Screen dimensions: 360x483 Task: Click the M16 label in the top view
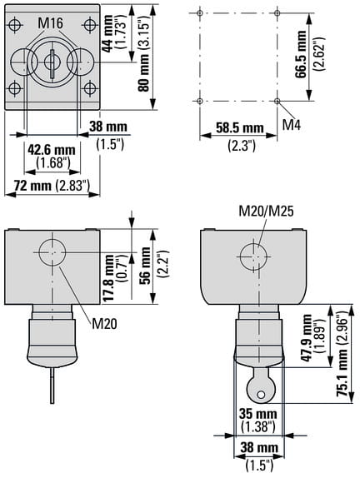50,23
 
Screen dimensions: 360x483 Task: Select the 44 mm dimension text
107,34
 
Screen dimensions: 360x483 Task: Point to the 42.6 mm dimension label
52,150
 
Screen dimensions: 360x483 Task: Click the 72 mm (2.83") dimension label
52,186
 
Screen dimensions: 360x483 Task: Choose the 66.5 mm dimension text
301,54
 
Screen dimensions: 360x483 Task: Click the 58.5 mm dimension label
240,127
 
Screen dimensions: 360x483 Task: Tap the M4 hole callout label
292,124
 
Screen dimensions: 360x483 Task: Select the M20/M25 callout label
267,211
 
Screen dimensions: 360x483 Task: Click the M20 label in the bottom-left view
105,323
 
